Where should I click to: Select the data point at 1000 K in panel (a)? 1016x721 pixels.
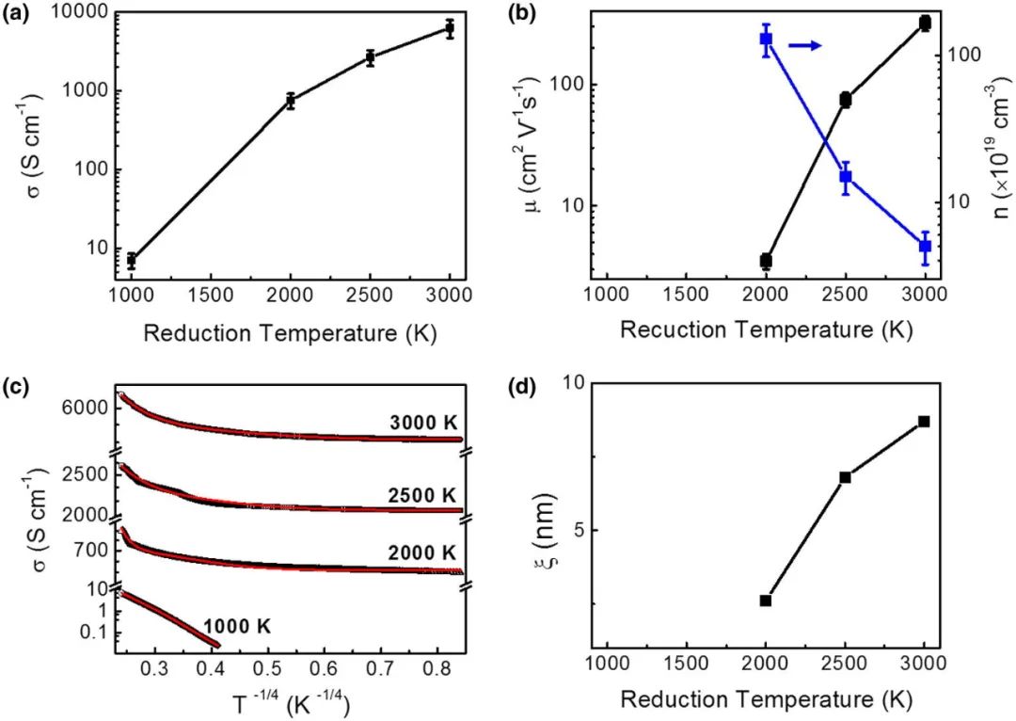pos(132,261)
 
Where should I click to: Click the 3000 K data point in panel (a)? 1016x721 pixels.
pos(450,29)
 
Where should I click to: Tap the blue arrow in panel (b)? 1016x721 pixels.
pos(805,45)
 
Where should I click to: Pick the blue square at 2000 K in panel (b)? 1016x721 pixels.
pos(766,40)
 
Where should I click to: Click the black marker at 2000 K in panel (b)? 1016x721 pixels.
pos(766,261)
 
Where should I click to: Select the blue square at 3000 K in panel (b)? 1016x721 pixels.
pos(925,247)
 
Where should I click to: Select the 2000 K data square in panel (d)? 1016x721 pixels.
pos(766,601)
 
